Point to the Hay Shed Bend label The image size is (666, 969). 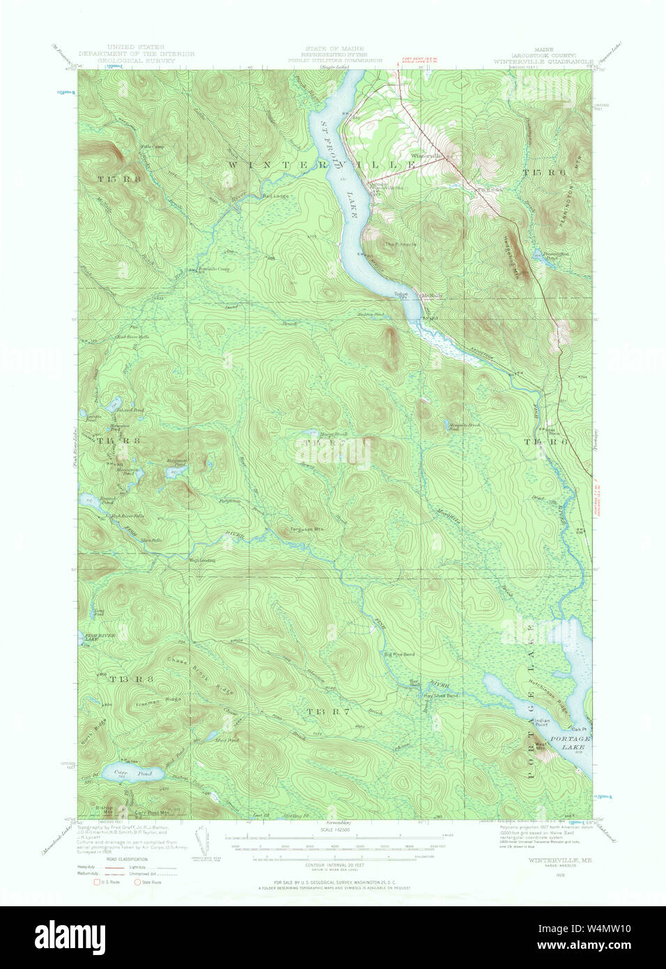[440, 696]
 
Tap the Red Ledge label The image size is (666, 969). [275, 196]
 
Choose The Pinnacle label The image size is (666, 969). [401, 245]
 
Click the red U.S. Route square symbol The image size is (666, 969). [98, 882]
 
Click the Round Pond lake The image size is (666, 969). [88, 501]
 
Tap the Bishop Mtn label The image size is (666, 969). [102, 809]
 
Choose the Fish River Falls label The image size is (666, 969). [128, 515]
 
